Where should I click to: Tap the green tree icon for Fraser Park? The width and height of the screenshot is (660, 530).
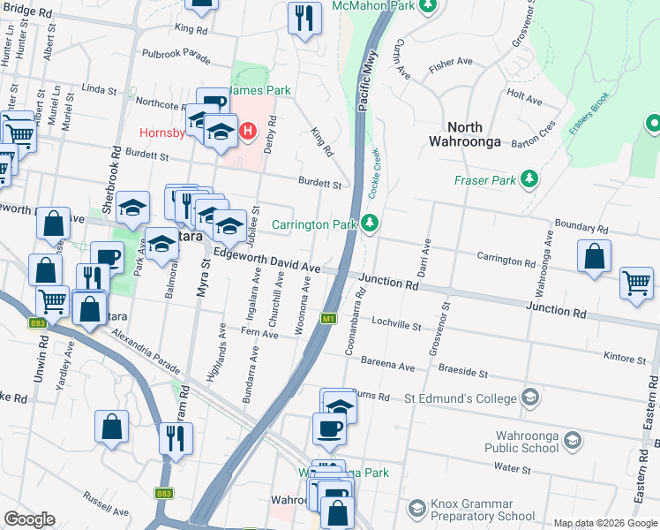pyautogui.click(x=529, y=180)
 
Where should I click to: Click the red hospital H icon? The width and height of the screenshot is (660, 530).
pyautogui.click(x=248, y=132)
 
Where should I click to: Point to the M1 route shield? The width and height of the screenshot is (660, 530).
pyautogui.click(x=328, y=318)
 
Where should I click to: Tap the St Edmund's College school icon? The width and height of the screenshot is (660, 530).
pyautogui.click(x=529, y=398)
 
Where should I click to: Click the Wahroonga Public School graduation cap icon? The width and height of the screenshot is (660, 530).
pyautogui.click(x=572, y=439)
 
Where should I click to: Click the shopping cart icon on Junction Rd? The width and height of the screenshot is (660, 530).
pyautogui.click(x=636, y=284)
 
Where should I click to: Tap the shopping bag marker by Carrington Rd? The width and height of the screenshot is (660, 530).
pyautogui.click(x=595, y=255)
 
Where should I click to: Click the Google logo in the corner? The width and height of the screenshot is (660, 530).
pyautogui.click(x=29, y=519)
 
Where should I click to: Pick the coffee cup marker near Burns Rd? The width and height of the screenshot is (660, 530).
pyautogui.click(x=329, y=428)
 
